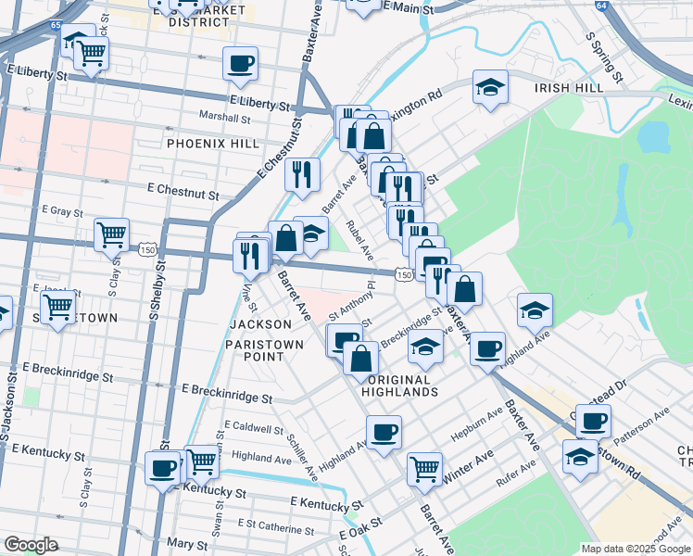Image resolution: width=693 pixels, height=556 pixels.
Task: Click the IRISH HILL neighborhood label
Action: tap(569, 87)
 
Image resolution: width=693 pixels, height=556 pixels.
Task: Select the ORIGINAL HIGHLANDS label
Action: tap(402, 385)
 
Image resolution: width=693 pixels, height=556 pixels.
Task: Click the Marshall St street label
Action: tap(226, 118)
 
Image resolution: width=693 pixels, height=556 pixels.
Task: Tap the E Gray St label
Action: tap(62, 211)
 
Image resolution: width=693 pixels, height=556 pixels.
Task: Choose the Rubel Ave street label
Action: tap(359, 239)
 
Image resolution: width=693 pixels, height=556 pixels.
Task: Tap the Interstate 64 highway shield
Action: tap(603, 5)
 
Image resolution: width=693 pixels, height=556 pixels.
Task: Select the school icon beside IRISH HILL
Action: tap(490, 88)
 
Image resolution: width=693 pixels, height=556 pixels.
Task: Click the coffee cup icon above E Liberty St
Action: tap(240, 63)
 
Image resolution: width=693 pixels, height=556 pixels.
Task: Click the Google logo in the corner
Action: tap(31, 545)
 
